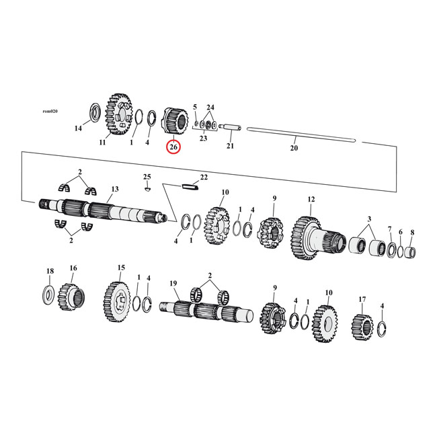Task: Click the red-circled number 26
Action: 173,147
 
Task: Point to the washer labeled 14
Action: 94,111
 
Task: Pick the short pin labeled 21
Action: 231,125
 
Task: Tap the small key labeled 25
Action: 149,188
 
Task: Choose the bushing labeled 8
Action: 411,255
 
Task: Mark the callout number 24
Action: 210,107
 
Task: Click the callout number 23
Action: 203,138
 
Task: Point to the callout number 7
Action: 389,229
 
